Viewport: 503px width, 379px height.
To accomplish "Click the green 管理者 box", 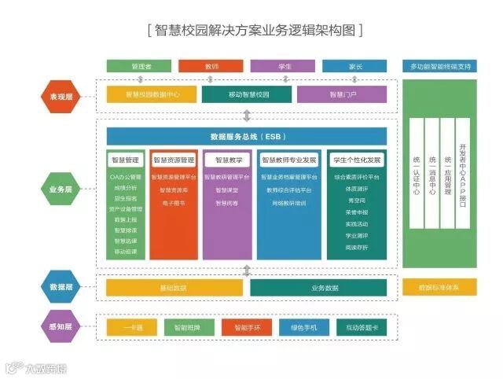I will click(139, 66).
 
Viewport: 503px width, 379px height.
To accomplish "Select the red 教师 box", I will click(211, 66).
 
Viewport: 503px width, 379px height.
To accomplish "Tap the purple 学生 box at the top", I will click(284, 66).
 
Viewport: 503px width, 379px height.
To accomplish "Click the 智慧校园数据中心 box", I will click(152, 94).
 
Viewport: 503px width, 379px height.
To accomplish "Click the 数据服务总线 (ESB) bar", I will click(247, 136).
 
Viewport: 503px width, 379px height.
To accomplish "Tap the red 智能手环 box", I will click(247, 326).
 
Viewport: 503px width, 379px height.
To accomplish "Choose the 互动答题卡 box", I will click(362, 326).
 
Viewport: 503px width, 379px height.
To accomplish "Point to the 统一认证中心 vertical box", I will click(416, 175).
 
